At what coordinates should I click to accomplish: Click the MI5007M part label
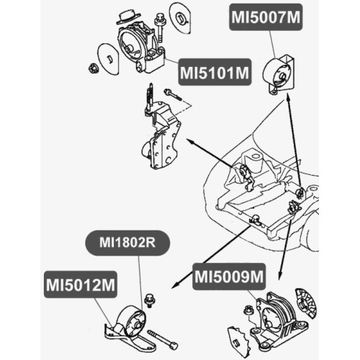coord(266,17)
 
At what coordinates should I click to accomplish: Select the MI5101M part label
coord(215,72)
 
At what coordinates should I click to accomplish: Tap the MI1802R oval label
coord(127,243)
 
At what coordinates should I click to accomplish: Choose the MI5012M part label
coord(81,284)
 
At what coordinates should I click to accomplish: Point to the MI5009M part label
coord(229,276)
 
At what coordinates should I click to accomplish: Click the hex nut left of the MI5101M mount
coord(92,68)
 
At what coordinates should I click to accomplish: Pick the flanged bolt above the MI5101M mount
coord(159,27)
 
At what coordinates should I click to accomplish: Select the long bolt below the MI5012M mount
coord(163,338)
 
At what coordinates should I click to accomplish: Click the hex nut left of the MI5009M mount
coord(248,310)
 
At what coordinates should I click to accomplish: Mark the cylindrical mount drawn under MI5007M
coord(279,73)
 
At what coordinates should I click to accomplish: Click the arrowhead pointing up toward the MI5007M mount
coord(288,96)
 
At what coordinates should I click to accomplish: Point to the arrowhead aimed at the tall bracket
coord(189,140)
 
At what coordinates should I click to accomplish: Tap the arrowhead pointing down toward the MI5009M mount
coord(279,276)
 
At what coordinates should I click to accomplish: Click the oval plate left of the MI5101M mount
coord(108,59)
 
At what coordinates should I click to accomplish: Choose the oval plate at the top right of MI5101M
coord(180,18)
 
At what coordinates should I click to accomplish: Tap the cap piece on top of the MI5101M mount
coord(128,17)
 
